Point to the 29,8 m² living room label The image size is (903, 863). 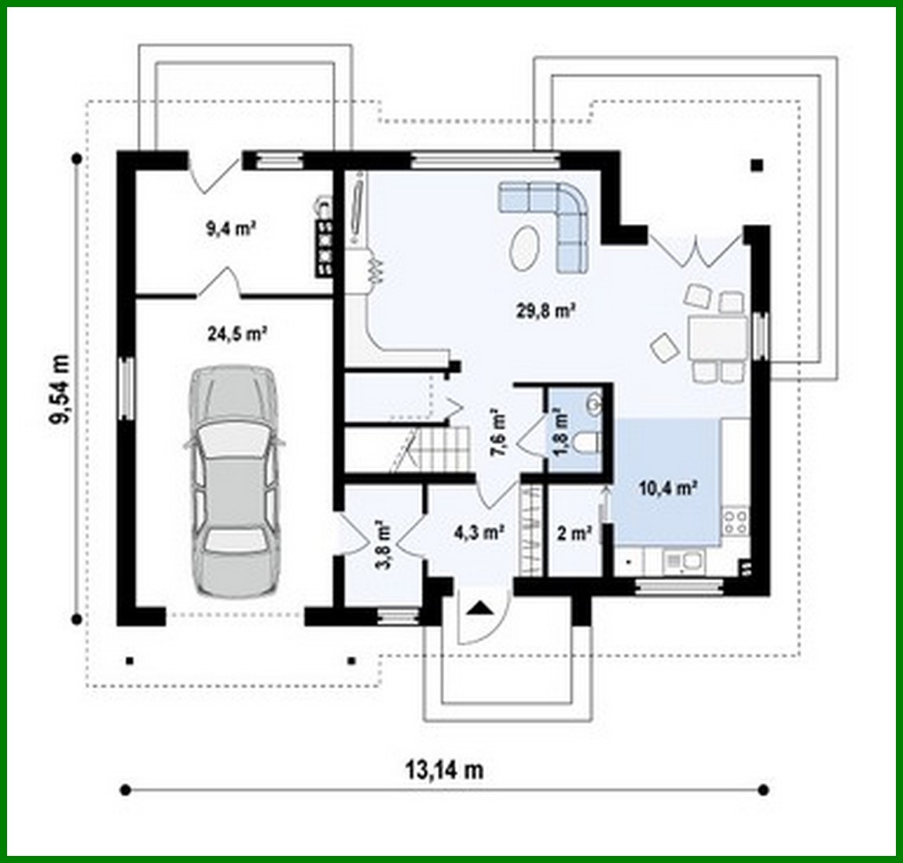[x=547, y=310]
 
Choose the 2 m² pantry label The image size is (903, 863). [x=574, y=534]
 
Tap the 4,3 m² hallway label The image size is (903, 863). [x=479, y=532]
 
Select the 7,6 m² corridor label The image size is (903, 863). [x=500, y=430]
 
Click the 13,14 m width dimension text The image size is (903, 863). [x=445, y=769]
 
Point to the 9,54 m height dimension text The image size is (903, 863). [x=60, y=389]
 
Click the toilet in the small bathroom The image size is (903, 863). [x=585, y=445]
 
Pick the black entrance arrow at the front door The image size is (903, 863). [x=479, y=607]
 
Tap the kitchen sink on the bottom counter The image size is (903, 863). [x=685, y=560]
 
